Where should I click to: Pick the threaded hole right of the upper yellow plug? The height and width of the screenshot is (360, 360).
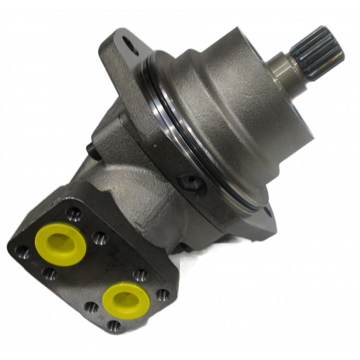click(x=99, y=237)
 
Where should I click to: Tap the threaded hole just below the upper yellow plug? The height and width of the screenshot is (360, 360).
click(x=49, y=273)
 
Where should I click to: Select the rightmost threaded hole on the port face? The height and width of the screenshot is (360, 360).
click(x=163, y=295)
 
